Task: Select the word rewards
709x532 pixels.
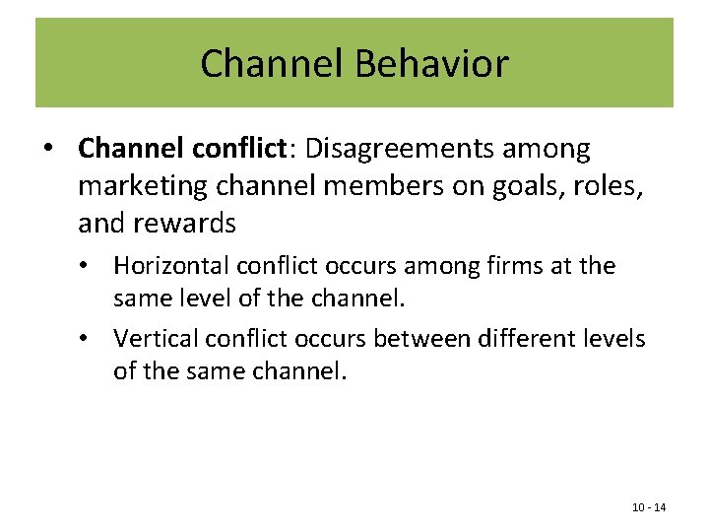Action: tap(186, 224)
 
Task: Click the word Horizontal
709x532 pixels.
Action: tap(167, 266)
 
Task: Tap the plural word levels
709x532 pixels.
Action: tap(615, 339)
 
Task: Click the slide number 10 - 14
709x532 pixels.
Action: tap(648, 507)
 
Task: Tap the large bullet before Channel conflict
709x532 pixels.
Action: tap(48, 150)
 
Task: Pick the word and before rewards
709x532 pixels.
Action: tap(101, 224)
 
